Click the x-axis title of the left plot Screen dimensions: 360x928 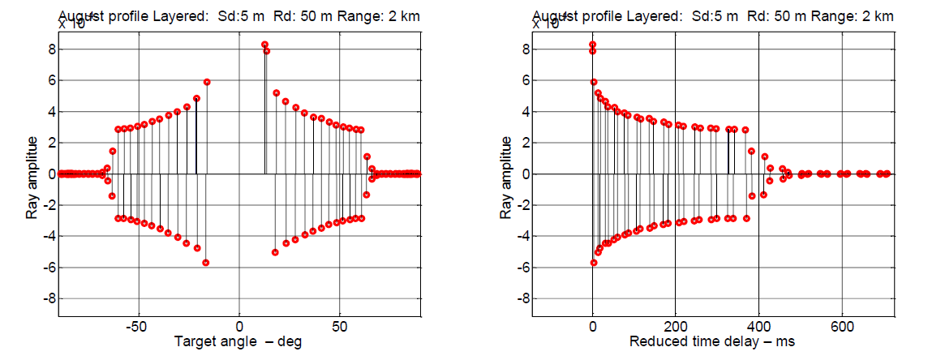point(238,341)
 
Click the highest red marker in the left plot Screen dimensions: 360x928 point(264,45)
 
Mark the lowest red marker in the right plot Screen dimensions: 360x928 point(593,263)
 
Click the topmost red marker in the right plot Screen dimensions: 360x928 point(593,45)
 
